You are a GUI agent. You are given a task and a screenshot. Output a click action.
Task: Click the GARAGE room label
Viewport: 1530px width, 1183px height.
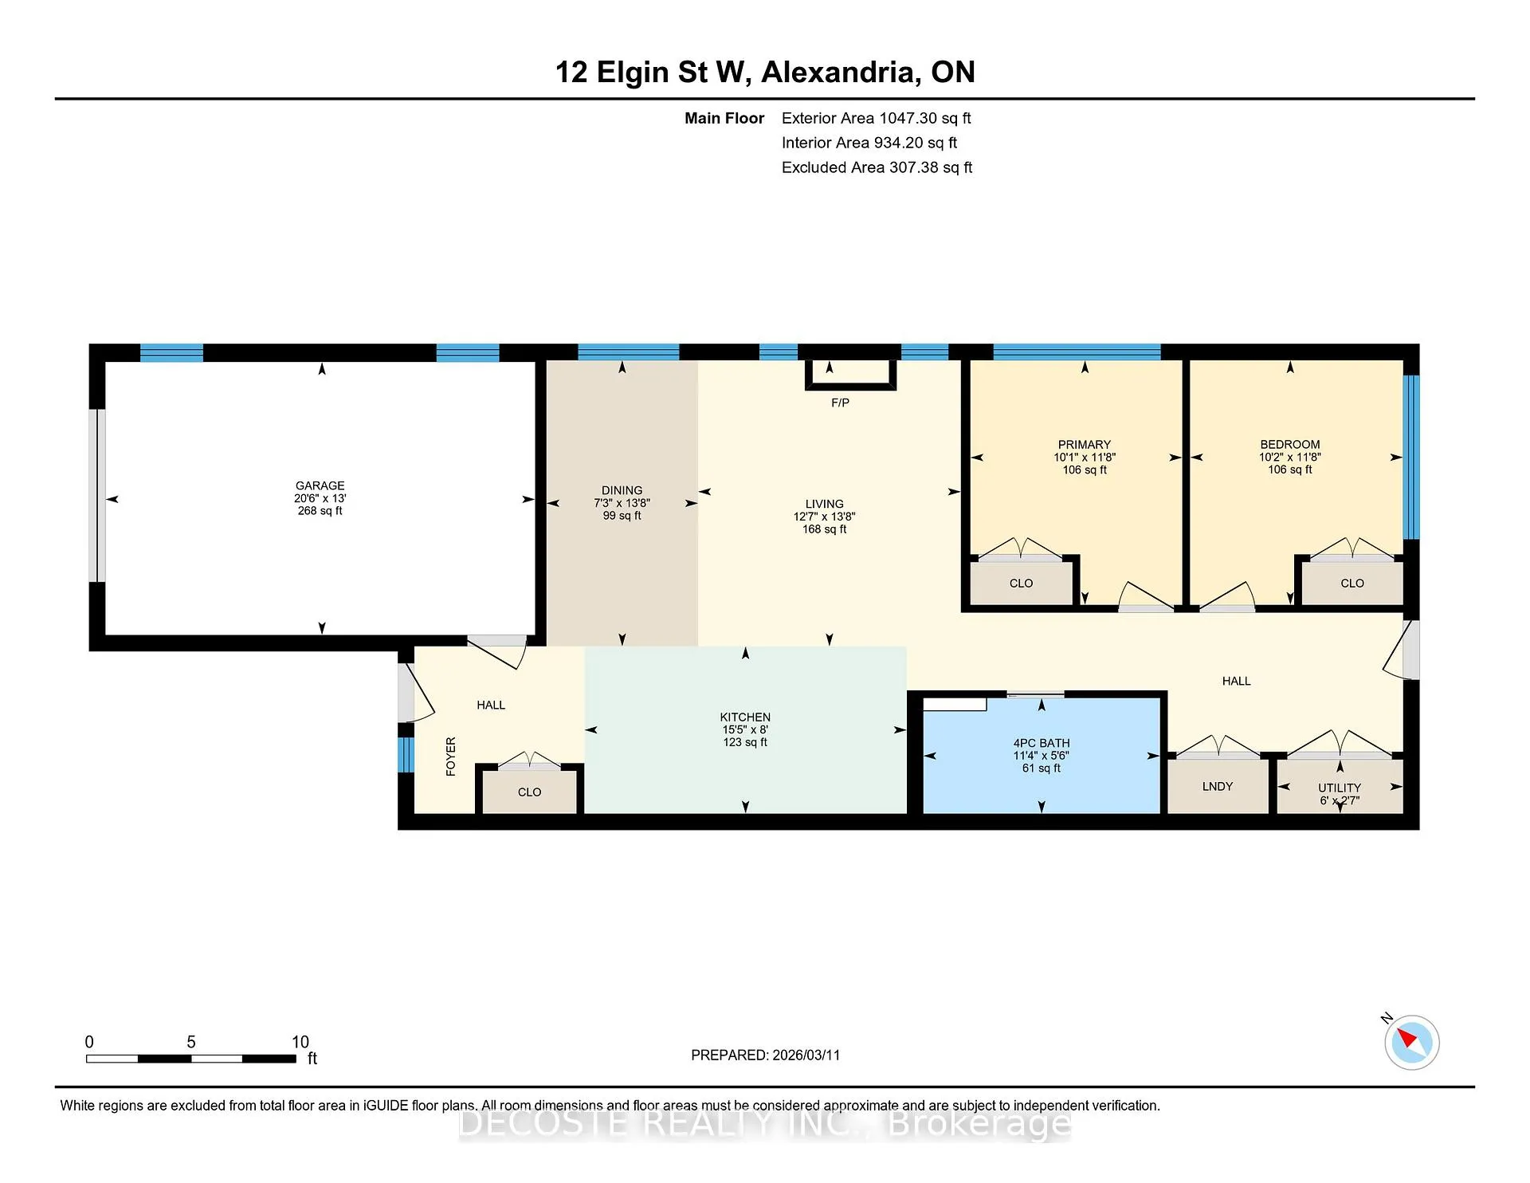pyautogui.click(x=320, y=485)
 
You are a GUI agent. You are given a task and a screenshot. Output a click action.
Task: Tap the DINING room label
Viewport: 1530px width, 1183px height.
pyautogui.click(x=622, y=490)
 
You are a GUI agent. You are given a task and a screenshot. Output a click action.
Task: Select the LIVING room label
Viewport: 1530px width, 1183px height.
pyautogui.click(x=824, y=504)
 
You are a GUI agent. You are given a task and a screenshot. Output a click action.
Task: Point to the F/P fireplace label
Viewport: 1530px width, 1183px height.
pyautogui.click(x=840, y=403)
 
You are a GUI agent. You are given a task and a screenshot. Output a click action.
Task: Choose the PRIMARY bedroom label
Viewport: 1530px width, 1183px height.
pyautogui.click(x=1084, y=444)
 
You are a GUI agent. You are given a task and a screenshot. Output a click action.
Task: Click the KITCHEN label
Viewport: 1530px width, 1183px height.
pyautogui.click(x=745, y=717)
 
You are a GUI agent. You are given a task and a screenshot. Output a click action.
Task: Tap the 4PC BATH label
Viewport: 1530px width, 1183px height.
pyautogui.click(x=1042, y=742)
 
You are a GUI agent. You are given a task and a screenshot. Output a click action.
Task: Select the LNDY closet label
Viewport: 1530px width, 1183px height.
pyautogui.click(x=1218, y=786)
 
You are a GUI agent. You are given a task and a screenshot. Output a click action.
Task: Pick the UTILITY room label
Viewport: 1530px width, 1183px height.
pyautogui.click(x=1340, y=788)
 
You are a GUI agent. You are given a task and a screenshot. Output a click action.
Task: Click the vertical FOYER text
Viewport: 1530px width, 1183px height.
pyautogui.click(x=451, y=757)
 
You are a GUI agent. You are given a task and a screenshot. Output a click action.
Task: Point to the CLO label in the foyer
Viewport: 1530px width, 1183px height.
pyautogui.click(x=529, y=792)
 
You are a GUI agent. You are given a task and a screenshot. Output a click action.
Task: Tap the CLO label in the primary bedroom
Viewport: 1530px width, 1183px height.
pyautogui.click(x=1021, y=583)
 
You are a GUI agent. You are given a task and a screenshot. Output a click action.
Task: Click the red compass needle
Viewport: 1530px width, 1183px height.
pyautogui.click(x=1407, y=1038)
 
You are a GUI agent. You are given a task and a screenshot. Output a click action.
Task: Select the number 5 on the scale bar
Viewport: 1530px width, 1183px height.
pyautogui.click(x=191, y=1042)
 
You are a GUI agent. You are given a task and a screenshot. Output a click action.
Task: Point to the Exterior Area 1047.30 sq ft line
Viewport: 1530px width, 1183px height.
pyautogui.click(x=876, y=118)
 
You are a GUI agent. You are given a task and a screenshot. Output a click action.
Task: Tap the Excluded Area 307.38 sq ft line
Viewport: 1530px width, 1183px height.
pyautogui.click(x=877, y=167)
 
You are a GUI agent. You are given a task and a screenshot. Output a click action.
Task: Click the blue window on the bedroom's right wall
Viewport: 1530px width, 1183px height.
pyautogui.click(x=1410, y=457)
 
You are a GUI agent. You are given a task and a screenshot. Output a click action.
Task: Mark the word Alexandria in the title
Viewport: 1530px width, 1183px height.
pyautogui.click(x=838, y=72)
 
